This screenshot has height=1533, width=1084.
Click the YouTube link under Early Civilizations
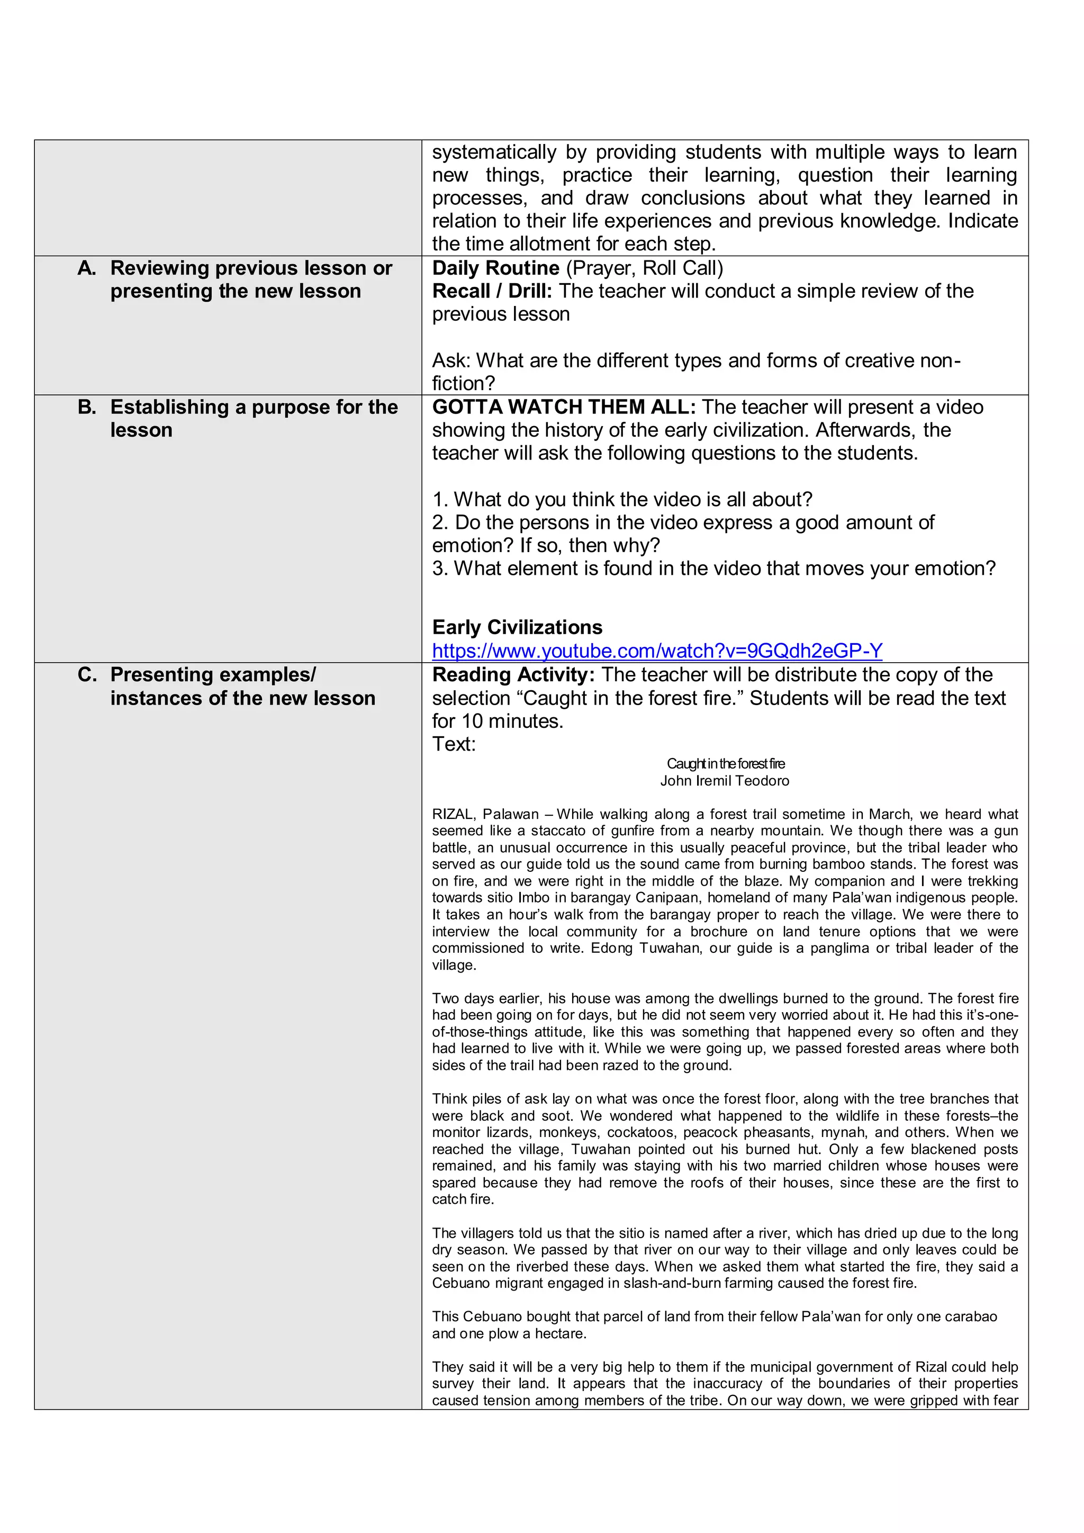coord(657,651)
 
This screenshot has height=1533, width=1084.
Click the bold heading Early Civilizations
coord(517,627)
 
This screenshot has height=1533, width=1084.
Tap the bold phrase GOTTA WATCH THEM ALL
coord(564,407)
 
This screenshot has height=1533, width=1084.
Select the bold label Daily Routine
coord(496,268)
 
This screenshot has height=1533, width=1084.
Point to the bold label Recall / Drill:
coord(493,291)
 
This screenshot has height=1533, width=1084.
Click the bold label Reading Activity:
coord(513,674)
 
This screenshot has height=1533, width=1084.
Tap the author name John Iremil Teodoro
coord(725,780)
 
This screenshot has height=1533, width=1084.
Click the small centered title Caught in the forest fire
coord(726,763)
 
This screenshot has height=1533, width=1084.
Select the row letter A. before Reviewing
coord(87,268)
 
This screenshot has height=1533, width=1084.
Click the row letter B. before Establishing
coord(87,407)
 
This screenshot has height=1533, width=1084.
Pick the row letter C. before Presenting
coord(87,674)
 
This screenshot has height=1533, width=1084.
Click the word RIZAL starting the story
coord(453,814)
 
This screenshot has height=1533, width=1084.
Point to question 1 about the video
coord(622,499)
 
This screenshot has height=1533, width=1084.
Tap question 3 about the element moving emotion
coord(713,568)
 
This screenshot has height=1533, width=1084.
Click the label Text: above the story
coord(454,744)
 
